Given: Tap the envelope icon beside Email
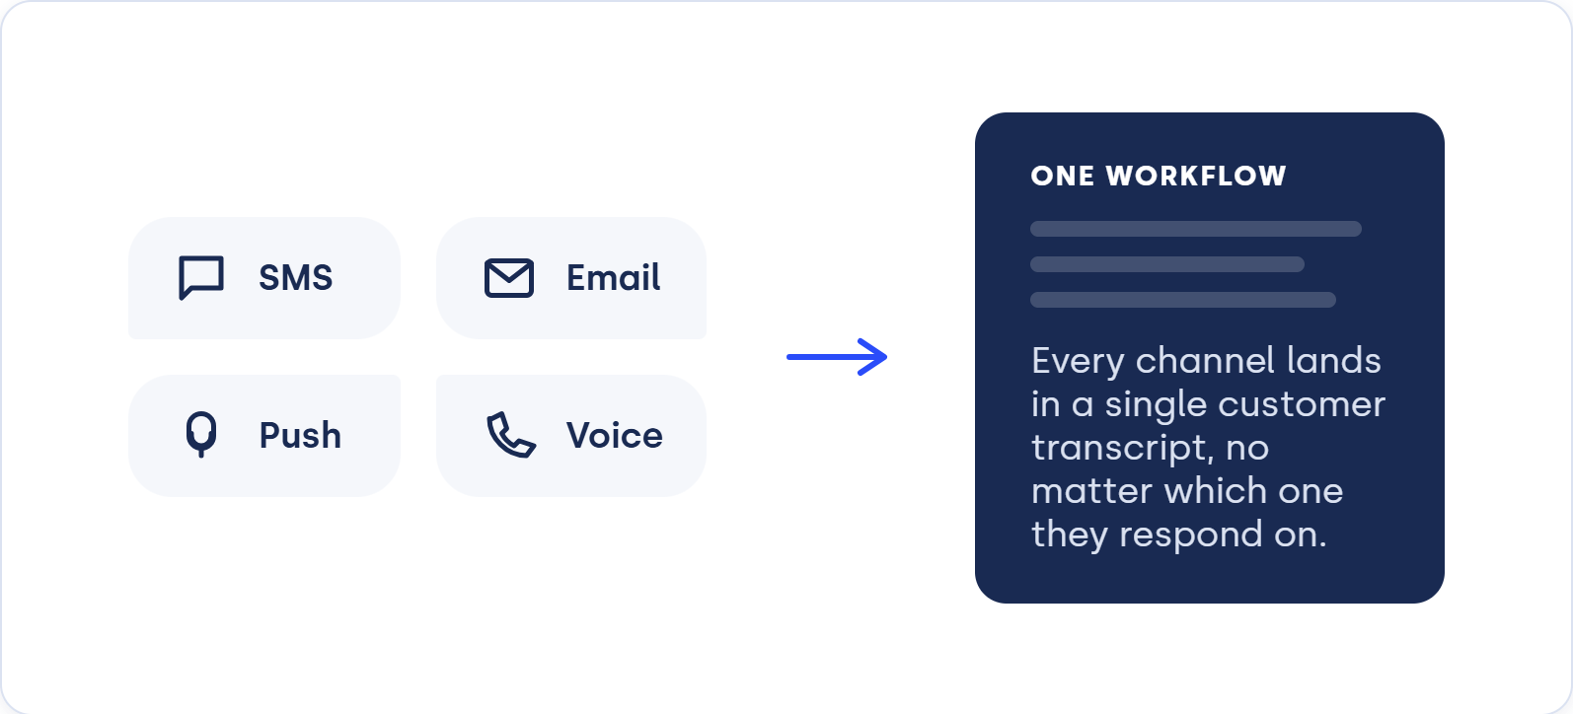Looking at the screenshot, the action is pos(509,278).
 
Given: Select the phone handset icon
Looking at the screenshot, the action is pos(511,435).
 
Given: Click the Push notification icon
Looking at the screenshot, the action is pos(201,434).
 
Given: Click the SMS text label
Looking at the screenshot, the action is pos(296,277).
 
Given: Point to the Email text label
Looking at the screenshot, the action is pos(613,277).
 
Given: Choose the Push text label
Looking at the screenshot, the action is pos(300,435).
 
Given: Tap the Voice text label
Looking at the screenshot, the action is pos(615,435).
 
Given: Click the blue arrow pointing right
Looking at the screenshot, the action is pos(837,357).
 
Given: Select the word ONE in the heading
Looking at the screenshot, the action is pos(1063,176).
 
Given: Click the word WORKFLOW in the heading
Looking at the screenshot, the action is pos(1196,176).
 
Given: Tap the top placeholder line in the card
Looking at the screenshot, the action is pos(1196,229).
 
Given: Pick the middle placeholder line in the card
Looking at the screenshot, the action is pos(1167,264).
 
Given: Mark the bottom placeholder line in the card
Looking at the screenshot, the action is pos(1183,300).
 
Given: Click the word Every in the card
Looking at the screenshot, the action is pos(1078,362).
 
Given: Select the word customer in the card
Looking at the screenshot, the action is pos(1302,404).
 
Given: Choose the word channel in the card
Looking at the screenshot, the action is pos(1205,361).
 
